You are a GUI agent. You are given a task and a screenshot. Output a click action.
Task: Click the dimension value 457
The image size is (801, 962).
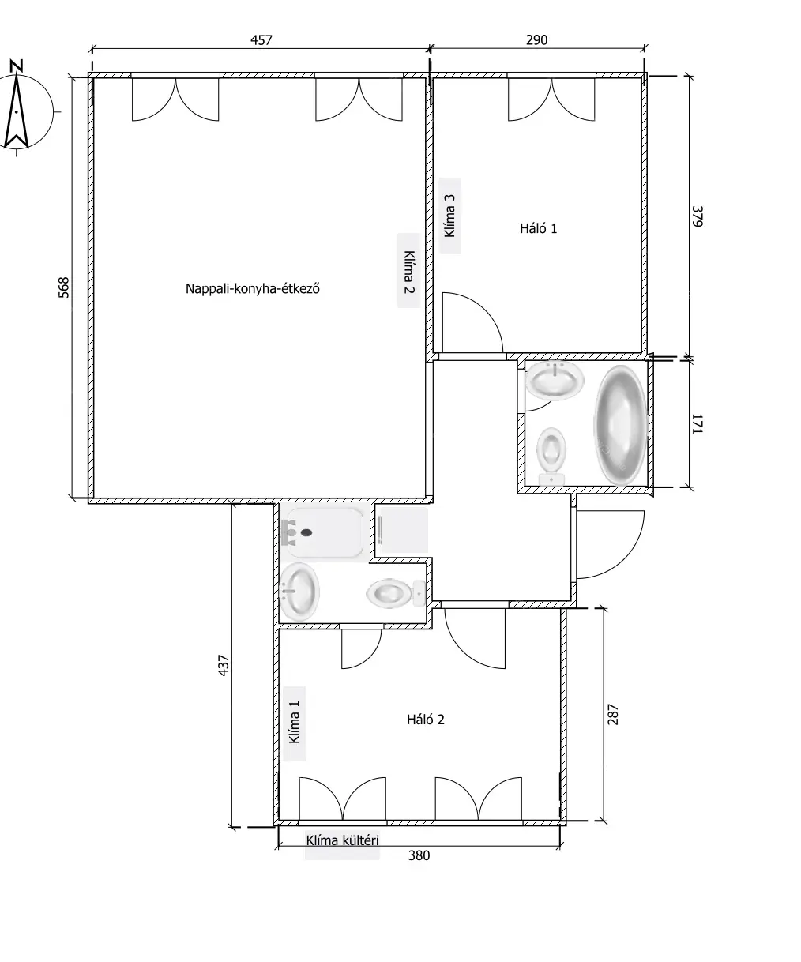[261, 40]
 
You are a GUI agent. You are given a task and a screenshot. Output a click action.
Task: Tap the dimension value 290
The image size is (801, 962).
[536, 40]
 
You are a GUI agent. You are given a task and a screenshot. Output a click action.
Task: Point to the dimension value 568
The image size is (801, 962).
[64, 287]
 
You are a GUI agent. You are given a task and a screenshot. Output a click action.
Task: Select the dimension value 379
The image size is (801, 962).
[698, 216]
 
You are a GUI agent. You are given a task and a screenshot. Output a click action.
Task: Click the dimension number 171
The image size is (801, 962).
[698, 423]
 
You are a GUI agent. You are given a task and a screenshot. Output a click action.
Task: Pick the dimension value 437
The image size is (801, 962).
[223, 665]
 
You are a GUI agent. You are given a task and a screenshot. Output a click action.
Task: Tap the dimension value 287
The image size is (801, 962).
[612, 714]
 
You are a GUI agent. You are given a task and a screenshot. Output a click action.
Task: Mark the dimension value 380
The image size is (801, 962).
[419, 855]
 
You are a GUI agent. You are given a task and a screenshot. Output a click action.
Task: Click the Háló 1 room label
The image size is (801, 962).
[538, 228]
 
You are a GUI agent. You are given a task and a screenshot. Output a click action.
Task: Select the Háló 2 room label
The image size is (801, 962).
[426, 720]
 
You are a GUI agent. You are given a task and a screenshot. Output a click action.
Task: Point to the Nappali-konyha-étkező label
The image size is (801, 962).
[253, 289]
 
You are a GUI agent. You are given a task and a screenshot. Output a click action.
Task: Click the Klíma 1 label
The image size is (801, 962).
[295, 723]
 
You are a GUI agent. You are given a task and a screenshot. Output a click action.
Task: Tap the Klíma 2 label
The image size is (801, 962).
[409, 272]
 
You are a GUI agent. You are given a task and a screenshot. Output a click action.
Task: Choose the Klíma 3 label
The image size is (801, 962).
[449, 216]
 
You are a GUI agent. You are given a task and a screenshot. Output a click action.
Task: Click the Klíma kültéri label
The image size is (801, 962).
[342, 840]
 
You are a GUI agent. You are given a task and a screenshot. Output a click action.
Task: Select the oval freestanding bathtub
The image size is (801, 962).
[620, 425]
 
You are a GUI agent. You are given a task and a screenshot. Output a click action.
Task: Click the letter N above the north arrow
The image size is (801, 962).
[17, 66]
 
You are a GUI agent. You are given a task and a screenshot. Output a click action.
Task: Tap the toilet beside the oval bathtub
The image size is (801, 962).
[551, 456]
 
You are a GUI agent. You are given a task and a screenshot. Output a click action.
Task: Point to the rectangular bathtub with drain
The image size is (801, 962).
[325, 532]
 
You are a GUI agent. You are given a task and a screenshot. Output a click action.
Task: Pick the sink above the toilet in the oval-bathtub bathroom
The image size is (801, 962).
[555, 381]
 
